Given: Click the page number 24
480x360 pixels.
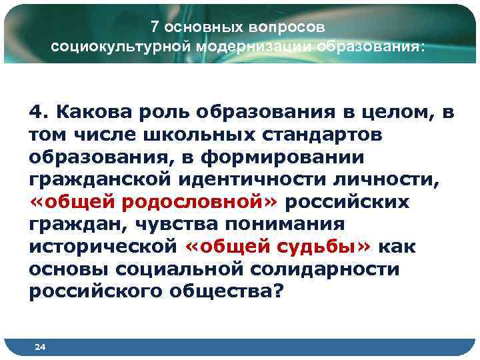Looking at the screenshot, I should coord(39,347).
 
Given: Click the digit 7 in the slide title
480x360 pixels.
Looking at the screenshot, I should coord(154,27).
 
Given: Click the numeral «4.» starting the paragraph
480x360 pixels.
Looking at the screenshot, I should coord(38,111).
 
